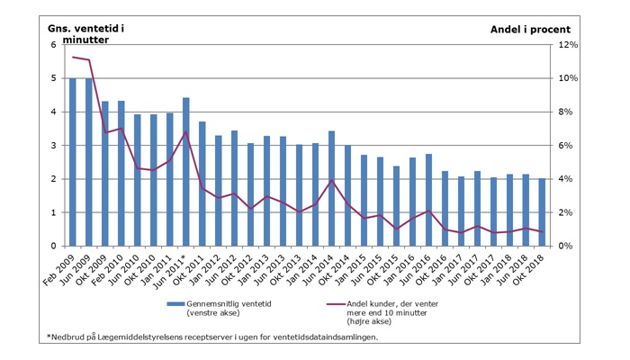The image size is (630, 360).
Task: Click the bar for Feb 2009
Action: (73, 162)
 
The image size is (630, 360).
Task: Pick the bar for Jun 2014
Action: (331, 188)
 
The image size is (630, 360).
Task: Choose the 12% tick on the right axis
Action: (568, 45)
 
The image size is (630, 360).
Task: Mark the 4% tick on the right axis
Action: (565, 179)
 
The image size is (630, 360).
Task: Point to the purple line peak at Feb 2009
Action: (73, 57)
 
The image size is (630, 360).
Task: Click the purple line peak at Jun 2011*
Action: (185, 132)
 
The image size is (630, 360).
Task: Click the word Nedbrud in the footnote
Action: (72, 337)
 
